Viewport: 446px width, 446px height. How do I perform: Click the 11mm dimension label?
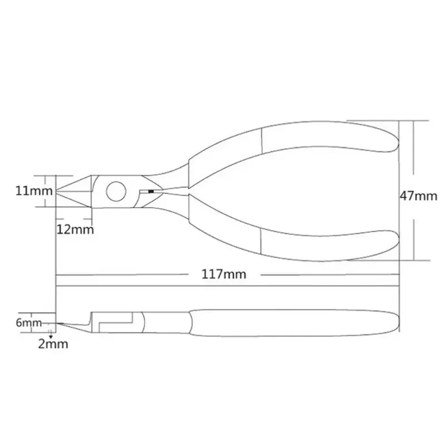point(34,190)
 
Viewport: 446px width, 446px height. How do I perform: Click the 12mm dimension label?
point(75,229)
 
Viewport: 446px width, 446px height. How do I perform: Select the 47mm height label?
point(418,196)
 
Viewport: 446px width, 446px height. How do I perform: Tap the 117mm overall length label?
point(224,274)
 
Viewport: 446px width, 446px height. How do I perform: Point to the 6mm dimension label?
point(29,322)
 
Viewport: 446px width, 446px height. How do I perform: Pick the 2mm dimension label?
point(53,344)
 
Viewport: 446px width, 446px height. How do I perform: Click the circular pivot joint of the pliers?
point(116,191)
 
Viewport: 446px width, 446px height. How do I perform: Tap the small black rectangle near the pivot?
point(151,192)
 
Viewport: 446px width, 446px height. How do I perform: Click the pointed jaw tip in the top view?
point(56,190)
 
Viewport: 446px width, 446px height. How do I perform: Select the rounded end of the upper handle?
point(398,141)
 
